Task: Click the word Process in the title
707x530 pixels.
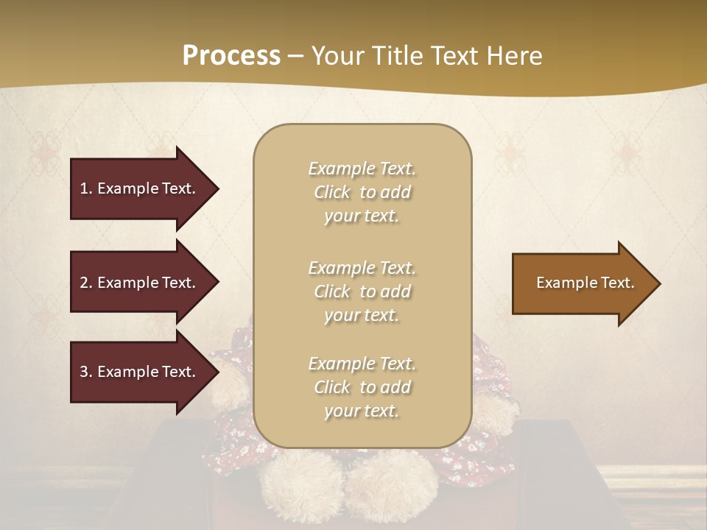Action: point(231,55)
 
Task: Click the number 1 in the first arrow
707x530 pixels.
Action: point(84,188)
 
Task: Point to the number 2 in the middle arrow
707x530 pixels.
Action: point(84,283)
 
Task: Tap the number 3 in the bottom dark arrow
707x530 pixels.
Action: point(84,372)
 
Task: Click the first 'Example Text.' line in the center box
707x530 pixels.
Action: point(362,169)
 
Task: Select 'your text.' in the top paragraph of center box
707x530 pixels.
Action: point(362,216)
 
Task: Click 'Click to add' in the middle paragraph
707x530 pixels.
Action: point(362,291)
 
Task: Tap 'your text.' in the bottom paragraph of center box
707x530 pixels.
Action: point(362,411)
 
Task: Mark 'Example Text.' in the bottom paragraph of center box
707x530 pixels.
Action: point(362,364)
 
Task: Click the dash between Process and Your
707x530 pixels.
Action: point(295,56)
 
